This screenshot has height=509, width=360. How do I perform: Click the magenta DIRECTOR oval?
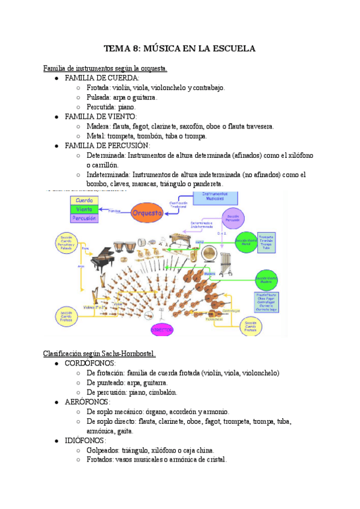coord(161,330)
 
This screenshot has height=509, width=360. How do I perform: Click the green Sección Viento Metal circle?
coord(243,242)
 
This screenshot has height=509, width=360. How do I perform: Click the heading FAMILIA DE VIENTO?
coord(100,116)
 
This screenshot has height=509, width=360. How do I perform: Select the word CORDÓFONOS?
coord(91,363)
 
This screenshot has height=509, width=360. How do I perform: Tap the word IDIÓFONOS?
coord(86,440)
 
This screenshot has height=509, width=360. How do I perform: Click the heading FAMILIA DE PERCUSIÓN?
coord(107,145)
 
